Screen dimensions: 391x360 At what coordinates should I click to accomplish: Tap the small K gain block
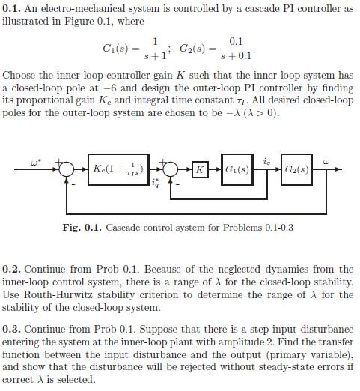199,170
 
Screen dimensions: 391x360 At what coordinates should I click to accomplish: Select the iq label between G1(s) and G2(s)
266,160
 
